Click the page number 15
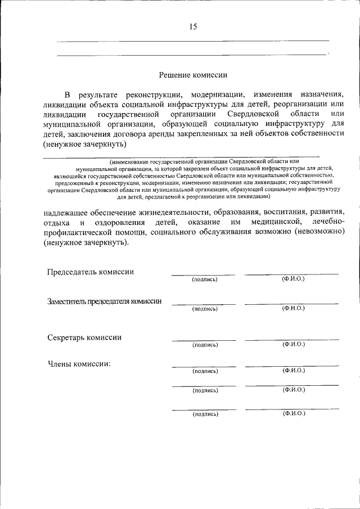[x=193, y=27]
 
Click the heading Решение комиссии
[x=193, y=74]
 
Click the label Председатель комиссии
[x=90, y=272]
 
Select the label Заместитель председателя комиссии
[x=104, y=301]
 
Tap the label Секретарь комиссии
[x=84, y=337]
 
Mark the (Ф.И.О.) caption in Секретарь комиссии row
[x=293, y=344]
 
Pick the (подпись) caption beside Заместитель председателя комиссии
[x=204, y=309]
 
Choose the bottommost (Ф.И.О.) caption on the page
[x=293, y=413]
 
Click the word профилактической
[x=85, y=233]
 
